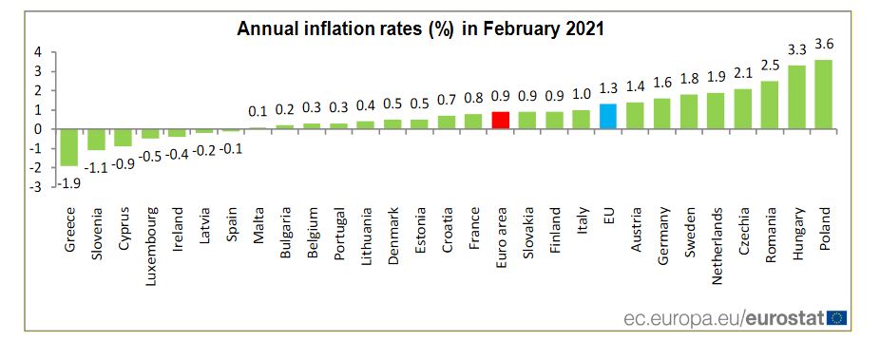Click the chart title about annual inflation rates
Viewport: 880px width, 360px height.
click(420, 28)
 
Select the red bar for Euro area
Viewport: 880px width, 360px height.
click(501, 120)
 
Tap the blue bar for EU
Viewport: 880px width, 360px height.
click(608, 116)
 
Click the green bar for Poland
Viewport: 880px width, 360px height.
click(823, 94)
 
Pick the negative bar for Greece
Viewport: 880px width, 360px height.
click(68, 147)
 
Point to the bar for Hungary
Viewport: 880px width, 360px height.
click(796, 97)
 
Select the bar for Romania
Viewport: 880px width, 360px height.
click(770, 104)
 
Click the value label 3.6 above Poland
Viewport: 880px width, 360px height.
click(823, 45)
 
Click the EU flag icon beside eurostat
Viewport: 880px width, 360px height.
click(837, 316)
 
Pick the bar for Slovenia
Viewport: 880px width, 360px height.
click(96, 140)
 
